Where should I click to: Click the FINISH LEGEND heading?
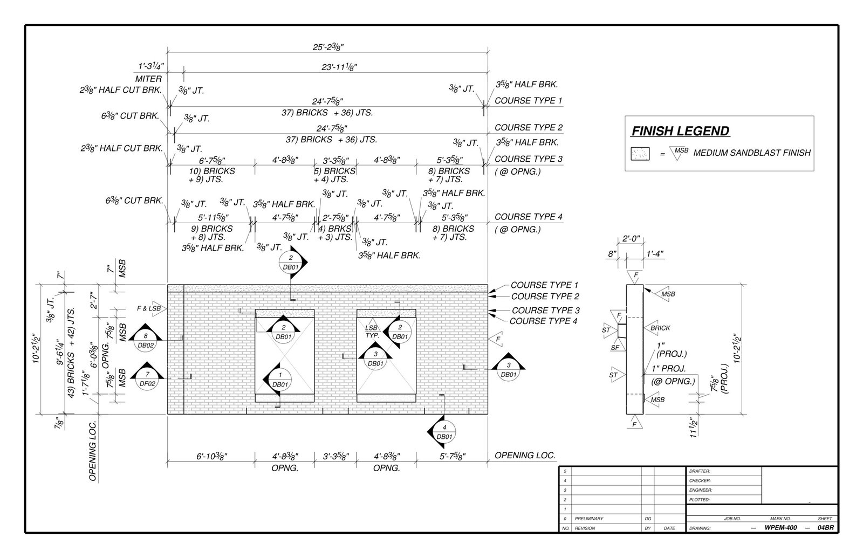680,131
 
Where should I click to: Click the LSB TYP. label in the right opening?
372,331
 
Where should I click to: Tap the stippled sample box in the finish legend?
642,154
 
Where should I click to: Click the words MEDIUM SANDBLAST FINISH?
751,153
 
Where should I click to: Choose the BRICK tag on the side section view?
660,328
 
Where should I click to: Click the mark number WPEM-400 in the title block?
780,528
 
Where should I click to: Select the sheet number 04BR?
825,528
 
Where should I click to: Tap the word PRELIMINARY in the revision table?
589,519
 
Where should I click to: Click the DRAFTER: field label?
700,471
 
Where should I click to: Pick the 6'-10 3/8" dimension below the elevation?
211,456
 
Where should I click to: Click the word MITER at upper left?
148,79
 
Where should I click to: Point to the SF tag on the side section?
615,348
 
